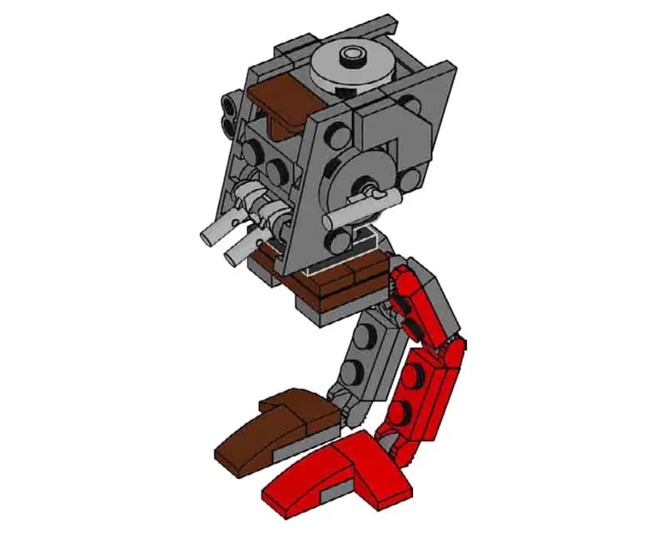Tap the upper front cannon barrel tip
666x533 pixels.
[209, 237]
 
